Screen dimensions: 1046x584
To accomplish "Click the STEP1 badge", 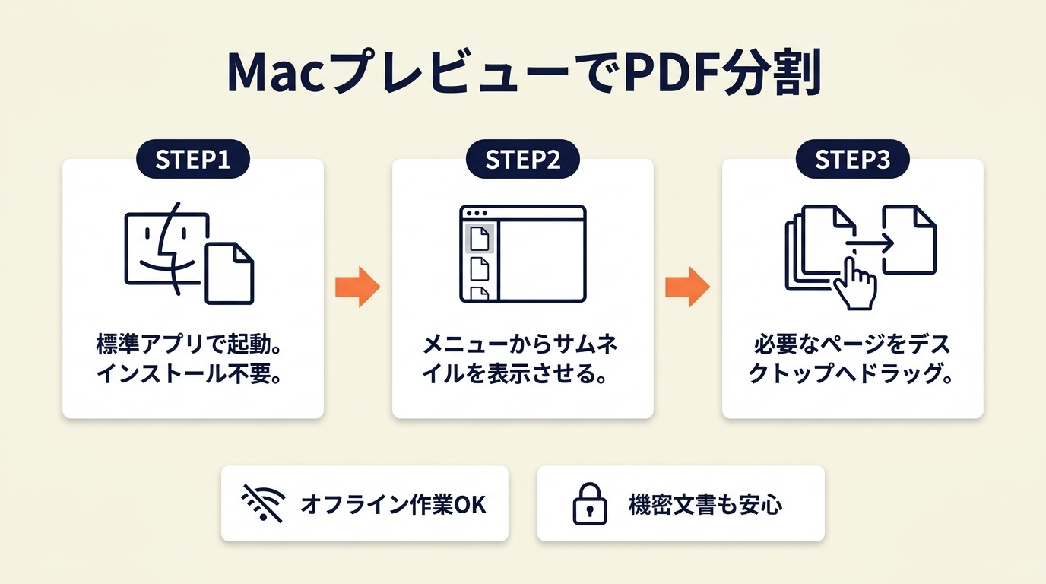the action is coord(193,159).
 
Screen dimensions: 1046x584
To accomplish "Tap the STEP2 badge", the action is coord(522,159).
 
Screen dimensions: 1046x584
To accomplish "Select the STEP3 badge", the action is coord(853,159).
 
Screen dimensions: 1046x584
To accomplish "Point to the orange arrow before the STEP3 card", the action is coord(687,287).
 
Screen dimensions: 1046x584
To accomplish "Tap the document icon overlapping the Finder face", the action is coord(230,274).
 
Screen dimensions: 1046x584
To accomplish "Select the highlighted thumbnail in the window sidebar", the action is coord(480,239).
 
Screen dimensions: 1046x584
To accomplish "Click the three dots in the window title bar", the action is coord(477,213).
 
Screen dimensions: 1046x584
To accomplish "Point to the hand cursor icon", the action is coord(854,284).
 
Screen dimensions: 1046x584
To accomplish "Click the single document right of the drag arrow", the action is coord(909,240).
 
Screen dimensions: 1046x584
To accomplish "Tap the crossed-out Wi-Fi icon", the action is coord(263,503).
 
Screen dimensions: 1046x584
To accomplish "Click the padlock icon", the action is coord(590,503).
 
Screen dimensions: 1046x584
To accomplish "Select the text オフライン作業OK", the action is coord(393,505).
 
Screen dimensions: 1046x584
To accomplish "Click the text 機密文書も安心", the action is coord(705,505).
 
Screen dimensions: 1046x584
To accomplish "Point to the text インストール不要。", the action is coord(189,373).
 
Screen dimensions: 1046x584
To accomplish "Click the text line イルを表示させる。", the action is coord(514,373).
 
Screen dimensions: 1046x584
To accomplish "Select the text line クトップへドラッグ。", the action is coord(851,373).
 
